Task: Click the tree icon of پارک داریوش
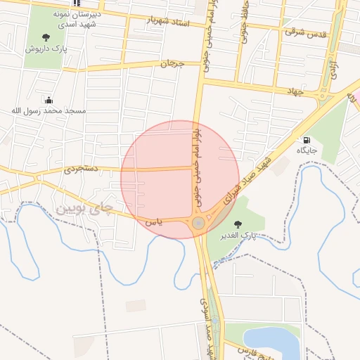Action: coord(46,37)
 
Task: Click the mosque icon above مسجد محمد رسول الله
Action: coord(49,100)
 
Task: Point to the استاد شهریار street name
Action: coord(168,21)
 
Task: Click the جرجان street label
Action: coord(172,63)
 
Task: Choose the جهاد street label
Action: coord(295,91)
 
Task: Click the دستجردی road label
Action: coord(79,169)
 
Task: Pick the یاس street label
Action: coord(153,221)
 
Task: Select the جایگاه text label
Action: coord(307,150)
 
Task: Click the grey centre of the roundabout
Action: coord(199,224)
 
